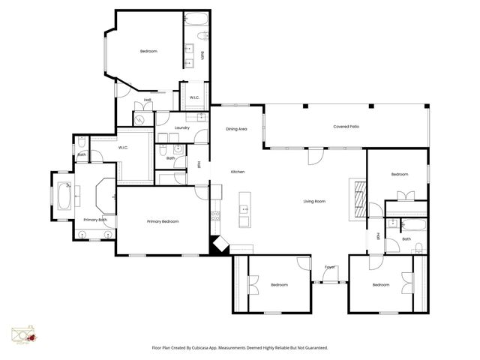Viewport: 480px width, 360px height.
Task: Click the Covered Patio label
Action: point(346,127)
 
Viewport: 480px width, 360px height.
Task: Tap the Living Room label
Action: point(313,201)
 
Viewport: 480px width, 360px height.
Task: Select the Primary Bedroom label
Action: point(163,221)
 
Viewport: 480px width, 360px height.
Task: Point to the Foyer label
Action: point(329,267)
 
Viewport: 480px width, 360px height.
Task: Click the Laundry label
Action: point(181,128)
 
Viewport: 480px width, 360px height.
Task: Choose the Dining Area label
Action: point(237,129)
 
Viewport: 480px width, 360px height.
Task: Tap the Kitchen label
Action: point(238,172)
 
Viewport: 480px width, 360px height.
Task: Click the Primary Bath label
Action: point(95,220)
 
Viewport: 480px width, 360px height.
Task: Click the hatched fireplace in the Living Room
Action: point(358,198)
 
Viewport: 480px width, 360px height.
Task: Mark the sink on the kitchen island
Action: point(244,208)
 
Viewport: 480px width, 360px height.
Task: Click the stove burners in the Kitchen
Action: point(215,217)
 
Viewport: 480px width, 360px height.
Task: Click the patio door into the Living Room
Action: point(316,156)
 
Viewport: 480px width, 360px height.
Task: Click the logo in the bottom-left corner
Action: point(24,336)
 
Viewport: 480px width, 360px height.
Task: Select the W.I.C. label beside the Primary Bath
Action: point(124,148)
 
